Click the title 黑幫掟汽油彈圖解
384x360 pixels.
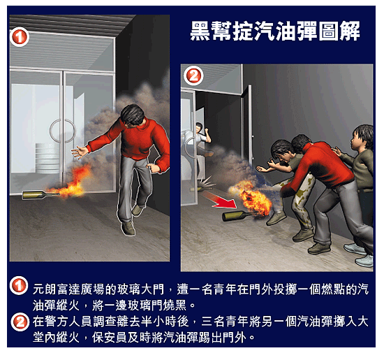[275, 31]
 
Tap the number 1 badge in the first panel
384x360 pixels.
[20, 37]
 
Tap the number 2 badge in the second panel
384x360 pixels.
[193, 75]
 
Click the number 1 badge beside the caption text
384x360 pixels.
[19, 285]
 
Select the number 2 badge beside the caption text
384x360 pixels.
[20, 322]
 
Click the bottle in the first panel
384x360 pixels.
[40, 195]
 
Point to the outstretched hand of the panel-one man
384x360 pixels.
[80, 152]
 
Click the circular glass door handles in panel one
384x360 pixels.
[63, 131]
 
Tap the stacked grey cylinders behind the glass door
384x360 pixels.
[47, 158]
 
